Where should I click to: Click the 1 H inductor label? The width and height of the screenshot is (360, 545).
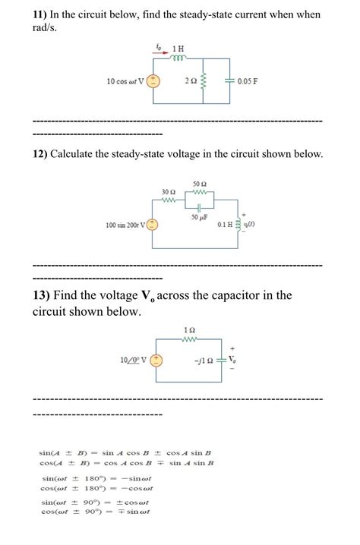[181, 49]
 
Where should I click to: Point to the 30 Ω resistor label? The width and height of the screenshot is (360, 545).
[169, 191]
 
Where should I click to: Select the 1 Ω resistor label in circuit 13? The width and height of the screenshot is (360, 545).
[190, 329]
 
